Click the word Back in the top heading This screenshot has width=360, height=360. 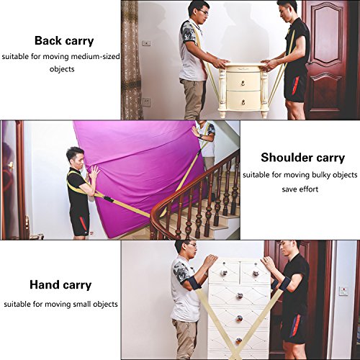click(48, 40)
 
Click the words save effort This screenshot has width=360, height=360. click(300, 189)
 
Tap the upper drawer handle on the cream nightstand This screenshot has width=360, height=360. click(243, 84)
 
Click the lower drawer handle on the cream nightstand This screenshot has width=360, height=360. click(243, 102)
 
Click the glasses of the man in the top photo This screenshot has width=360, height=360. click(204, 12)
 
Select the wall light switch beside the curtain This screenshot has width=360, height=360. click(146, 43)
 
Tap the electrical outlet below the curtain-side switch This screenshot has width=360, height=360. click(147, 102)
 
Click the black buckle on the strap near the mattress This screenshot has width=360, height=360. click(108, 199)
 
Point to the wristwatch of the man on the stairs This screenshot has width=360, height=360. click(201, 136)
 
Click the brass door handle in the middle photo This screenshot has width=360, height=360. click(11, 166)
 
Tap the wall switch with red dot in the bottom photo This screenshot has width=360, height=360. click(343, 291)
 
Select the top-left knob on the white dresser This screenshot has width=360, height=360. click(224, 273)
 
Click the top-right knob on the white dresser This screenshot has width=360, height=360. click(256, 273)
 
